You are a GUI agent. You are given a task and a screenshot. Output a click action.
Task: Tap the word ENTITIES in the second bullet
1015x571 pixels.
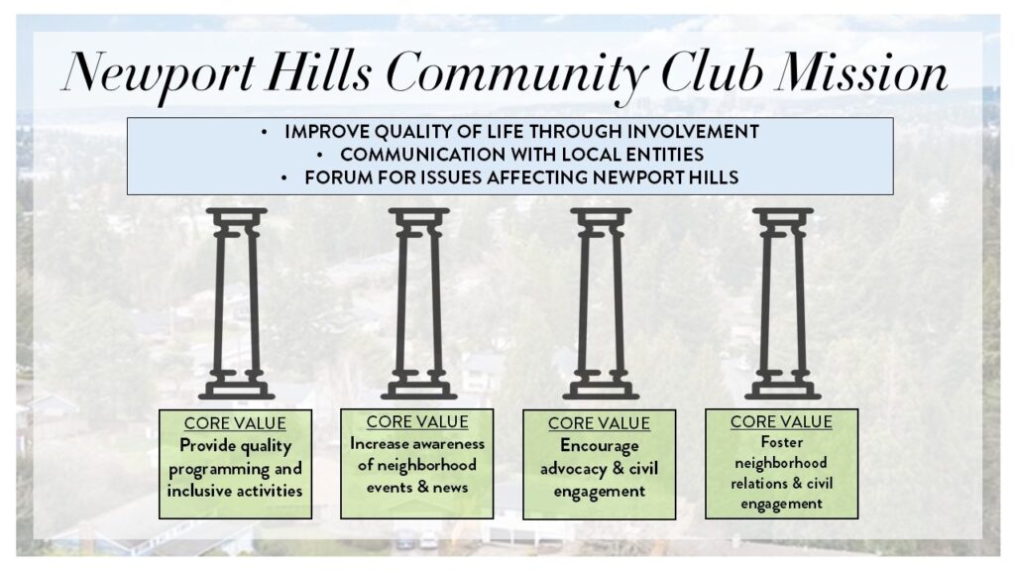661,155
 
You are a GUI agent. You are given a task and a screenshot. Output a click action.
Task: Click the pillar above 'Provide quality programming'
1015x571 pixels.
236,303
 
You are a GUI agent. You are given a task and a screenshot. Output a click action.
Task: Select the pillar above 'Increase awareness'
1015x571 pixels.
419,303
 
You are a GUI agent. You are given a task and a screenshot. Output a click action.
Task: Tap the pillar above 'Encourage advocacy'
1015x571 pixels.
601,303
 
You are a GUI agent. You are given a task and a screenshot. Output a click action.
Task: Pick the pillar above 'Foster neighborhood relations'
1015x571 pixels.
783,303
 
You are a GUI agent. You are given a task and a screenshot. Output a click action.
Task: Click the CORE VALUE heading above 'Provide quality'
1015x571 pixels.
235,423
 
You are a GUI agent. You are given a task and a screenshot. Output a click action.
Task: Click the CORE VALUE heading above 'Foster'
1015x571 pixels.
781,421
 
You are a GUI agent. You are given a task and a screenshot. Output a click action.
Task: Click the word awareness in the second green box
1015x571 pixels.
451,444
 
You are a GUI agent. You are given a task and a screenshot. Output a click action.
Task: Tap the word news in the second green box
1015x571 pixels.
450,488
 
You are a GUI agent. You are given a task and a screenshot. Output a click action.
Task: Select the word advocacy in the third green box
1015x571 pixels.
574,469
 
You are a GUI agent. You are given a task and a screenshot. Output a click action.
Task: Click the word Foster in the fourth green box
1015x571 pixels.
781,442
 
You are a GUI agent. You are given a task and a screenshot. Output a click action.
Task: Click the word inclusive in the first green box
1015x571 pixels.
197,491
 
